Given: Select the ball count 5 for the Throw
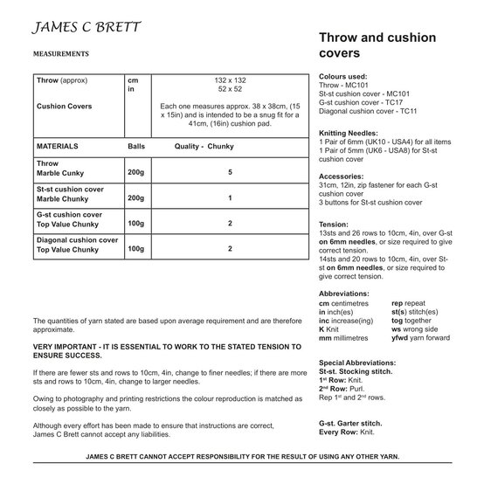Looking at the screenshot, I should tap(230, 173).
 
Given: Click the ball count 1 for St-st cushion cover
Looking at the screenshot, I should tap(230, 198).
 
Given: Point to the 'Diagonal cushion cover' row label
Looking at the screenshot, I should tap(78, 239).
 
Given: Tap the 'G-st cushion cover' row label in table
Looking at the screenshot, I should tap(69, 214).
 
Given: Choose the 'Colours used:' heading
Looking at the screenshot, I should tap(343, 76).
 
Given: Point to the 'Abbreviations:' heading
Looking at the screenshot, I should tap(347, 294).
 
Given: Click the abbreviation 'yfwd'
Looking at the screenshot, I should tap(398, 337).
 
